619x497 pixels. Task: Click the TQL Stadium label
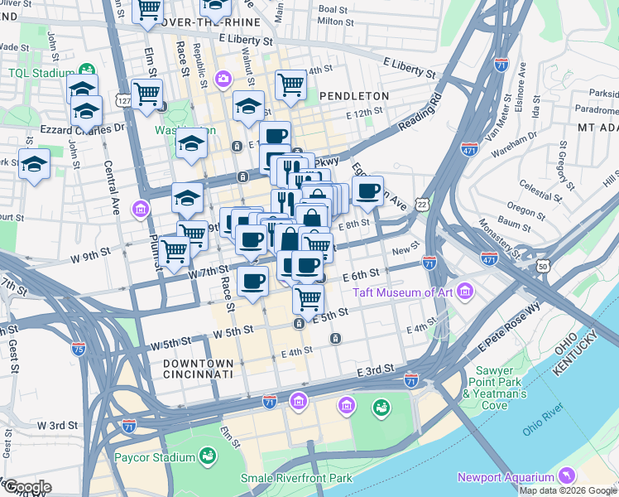click(x=36, y=72)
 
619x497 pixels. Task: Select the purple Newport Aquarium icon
click(x=567, y=476)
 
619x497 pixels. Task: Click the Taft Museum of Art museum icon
click(x=464, y=292)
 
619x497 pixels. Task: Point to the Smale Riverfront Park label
click(x=295, y=478)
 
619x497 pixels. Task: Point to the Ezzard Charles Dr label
click(x=82, y=128)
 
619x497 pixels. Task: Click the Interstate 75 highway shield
click(x=79, y=350)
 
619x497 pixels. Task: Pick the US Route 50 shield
click(x=543, y=266)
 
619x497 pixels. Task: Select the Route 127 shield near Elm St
click(x=124, y=100)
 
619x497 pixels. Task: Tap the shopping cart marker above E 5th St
click(x=308, y=298)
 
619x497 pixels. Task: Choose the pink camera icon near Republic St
click(x=223, y=80)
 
